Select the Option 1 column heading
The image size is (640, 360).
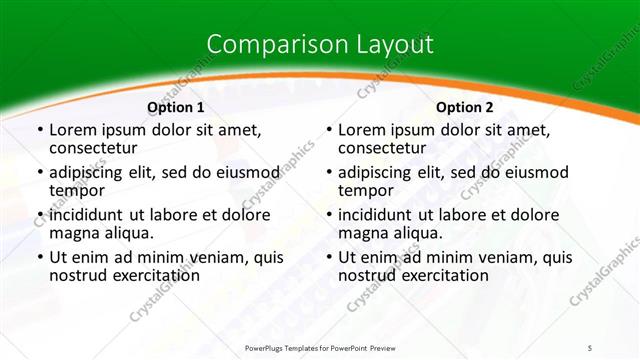pos(176,107)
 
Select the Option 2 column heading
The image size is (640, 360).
pos(465,107)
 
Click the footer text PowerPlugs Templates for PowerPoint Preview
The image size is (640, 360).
pos(320,347)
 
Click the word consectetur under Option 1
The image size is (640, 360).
pos(96,148)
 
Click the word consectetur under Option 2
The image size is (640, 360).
pos(385,148)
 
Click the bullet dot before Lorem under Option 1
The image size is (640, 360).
pos(38,131)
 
